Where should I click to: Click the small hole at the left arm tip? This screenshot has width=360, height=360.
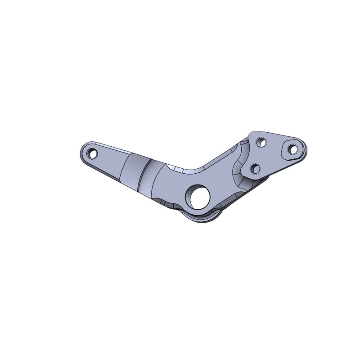point(93,153)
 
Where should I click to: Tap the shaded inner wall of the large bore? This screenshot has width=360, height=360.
point(193,194)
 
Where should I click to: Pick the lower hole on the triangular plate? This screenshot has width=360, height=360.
point(255,169)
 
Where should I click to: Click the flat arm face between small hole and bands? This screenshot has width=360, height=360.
point(110,160)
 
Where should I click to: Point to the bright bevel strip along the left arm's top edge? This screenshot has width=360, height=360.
point(112,148)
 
